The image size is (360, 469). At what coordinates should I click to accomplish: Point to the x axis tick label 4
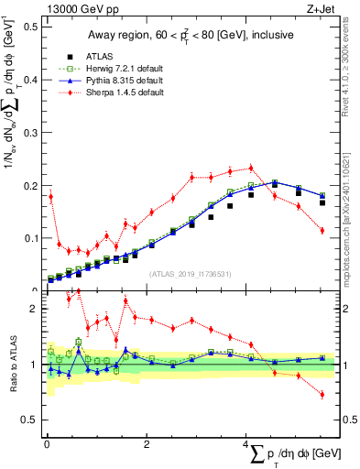[245, 444]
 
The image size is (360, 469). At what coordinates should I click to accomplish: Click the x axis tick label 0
[47, 444]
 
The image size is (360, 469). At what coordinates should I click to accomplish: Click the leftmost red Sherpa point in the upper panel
[50, 196]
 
